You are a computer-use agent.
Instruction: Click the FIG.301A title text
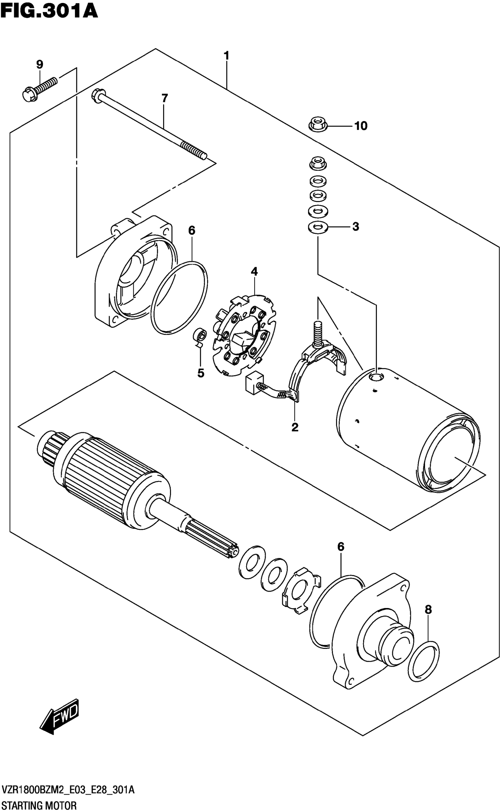pyautogui.click(x=49, y=11)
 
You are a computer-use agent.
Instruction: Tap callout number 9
pyautogui.click(x=39, y=64)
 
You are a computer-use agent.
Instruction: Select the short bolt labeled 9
pyautogui.click(x=40, y=88)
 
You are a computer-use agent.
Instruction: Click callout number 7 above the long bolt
pyautogui.click(x=164, y=98)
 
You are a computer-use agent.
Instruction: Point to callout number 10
pyautogui.click(x=361, y=126)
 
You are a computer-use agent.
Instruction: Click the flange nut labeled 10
pyautogui.click(x=317, y=125)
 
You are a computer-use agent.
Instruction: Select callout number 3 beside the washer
pyautogui.click(x=356, y=226)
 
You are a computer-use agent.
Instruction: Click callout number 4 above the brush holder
pyautogui.click(x=254, y=271)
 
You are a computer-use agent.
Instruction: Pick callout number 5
pyautogui.click(x=201, y=373)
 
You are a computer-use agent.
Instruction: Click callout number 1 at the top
pyautogui.click(x=226, y=55)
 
